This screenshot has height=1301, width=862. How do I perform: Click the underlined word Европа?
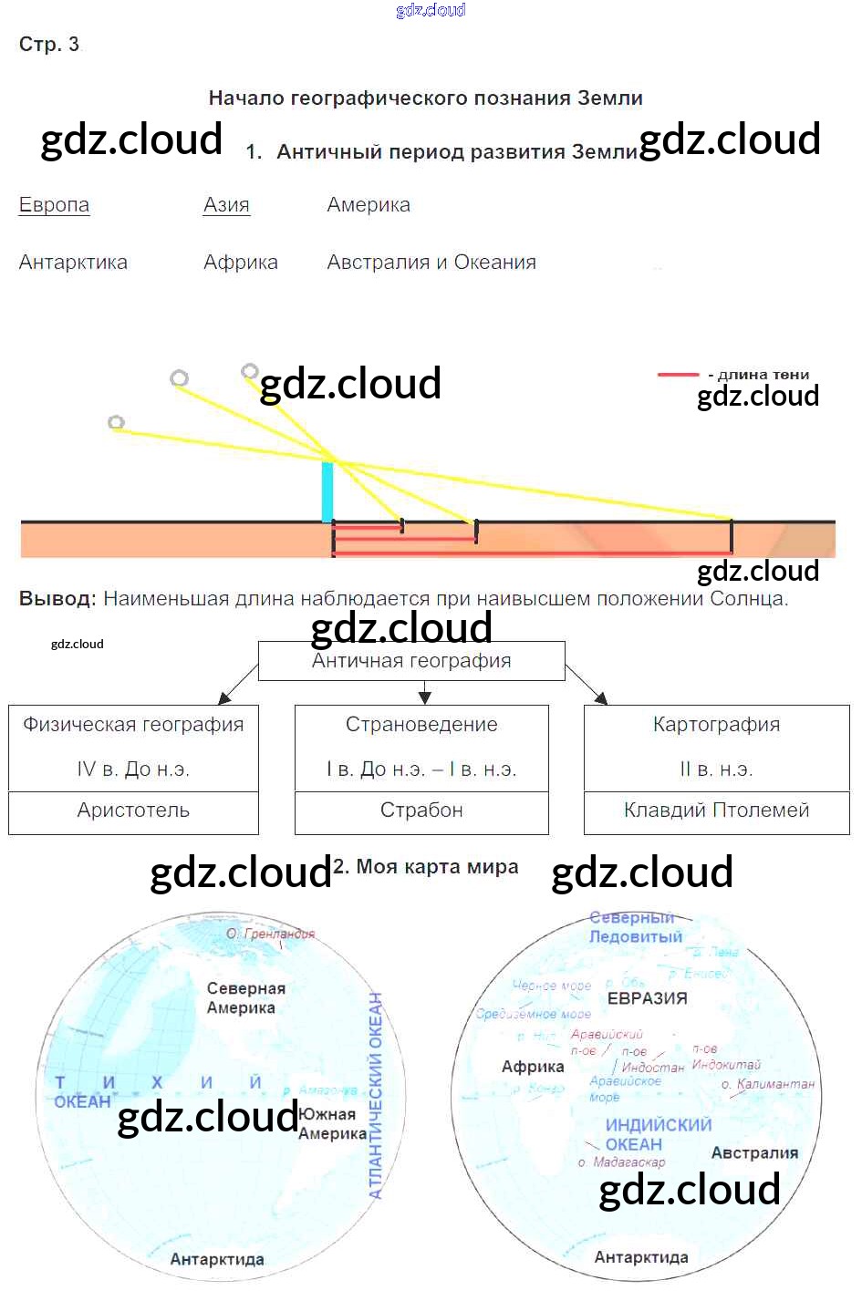(x=54, y=205)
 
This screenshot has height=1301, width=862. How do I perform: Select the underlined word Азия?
(x=226, y=205)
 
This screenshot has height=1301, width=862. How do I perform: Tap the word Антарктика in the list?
(x=73, y=263)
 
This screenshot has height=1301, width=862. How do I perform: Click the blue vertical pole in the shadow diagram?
(x=327, y=492)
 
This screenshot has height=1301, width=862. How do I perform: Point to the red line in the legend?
(x=678, y=375)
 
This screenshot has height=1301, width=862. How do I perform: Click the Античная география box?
(x=411, y=661)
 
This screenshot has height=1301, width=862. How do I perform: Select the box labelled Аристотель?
(x=133, y=811)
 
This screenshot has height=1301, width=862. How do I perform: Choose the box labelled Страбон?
(x=421, y=811)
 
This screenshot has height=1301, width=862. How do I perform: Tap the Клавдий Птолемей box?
(x=716, y=811)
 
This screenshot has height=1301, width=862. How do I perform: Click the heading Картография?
(x=716, y=725)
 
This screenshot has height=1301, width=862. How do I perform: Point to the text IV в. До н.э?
(x=133, y=769)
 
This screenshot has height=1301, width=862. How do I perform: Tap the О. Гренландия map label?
(x=270, y=934)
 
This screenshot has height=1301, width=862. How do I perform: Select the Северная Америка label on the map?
(x=244, y=998)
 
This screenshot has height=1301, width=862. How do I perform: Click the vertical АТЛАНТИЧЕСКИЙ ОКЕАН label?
(x=375, y=1095)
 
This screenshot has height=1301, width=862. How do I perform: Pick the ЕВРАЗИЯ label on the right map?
(x=647, y=998)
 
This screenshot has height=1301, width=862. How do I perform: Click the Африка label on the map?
(x=533, y=1067)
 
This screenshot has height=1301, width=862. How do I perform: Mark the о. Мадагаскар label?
(x=622, y=1162)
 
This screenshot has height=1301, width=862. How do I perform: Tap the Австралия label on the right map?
(x=754, y=1153)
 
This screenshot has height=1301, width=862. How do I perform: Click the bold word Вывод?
(x=57, y=599)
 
